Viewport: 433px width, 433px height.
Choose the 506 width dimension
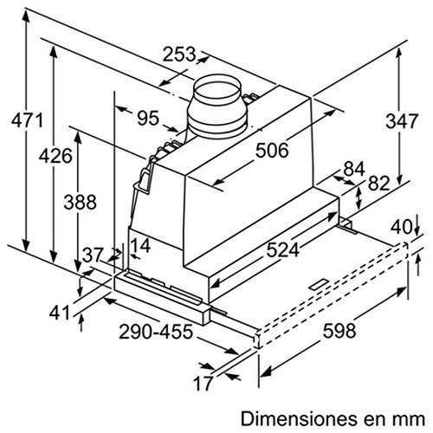271,151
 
